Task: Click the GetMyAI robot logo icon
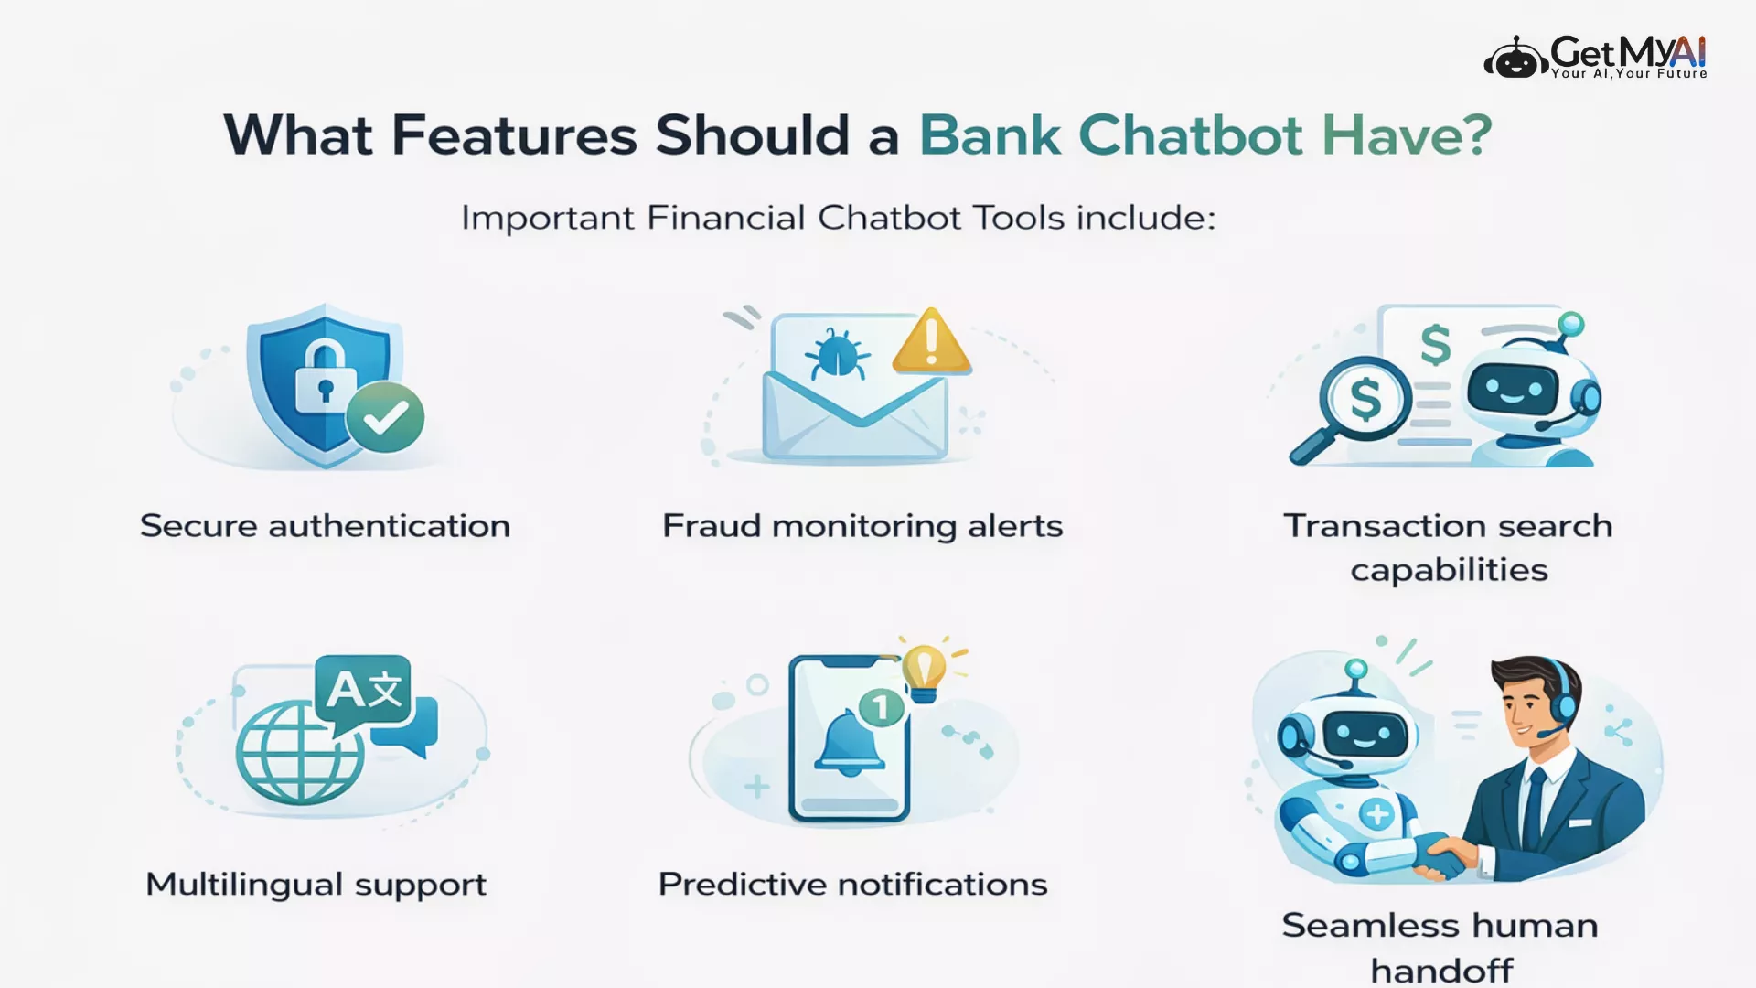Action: (x=1515, y=58)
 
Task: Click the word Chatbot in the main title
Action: (x=1191, y=135)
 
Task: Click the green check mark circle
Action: (x=385, y=418)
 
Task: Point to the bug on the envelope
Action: (x=837, y=353)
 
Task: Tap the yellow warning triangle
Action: (x=931, y=341)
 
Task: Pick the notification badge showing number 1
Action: (x=881, y=707)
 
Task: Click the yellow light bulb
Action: (x=924, y=671)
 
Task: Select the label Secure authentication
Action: (x=325, y=526)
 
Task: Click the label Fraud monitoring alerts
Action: (x=862, y=526)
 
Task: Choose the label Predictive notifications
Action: (x=852, y=885)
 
